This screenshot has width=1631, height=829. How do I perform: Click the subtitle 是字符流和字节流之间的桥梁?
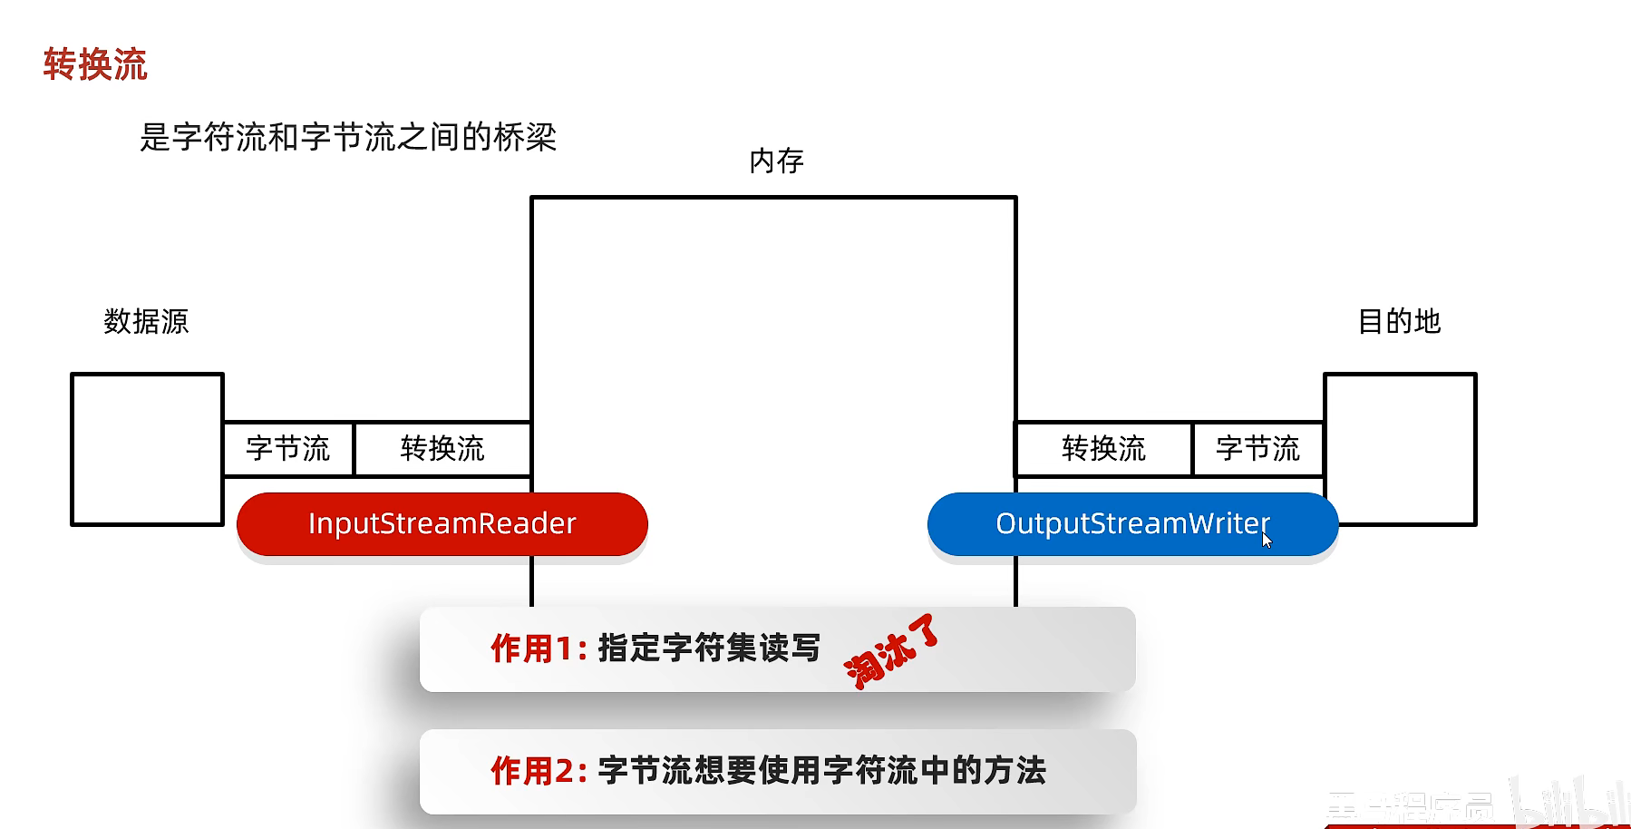click(x=348, y=138)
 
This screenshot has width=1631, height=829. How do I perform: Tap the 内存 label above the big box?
click(x=776, y=161)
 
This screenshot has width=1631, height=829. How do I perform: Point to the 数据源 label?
click(x=146, y=321)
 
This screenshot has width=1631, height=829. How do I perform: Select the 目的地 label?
click(x=1399, y=321)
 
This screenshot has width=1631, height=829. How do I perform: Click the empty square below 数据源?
click(x=147, y=449)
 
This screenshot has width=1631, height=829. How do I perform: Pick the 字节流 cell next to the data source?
click(x=288, y=449)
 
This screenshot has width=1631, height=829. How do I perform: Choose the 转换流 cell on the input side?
click(x=442, y=449)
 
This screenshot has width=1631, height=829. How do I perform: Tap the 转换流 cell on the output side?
click(x=1103, y=449)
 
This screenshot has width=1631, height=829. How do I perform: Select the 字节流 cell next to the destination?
click(x=1257, y=449)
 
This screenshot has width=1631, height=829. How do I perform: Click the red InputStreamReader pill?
click(x=442, y=524)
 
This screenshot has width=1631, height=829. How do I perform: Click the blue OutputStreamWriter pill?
click(x=1132, y=524)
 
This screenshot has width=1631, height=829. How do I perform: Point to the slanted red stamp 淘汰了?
click(x=891, y=652)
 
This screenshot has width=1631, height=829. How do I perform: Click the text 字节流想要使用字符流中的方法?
click(x=821, y=772)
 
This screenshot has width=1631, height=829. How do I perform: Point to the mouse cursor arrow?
click(x=1267, y=541)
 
